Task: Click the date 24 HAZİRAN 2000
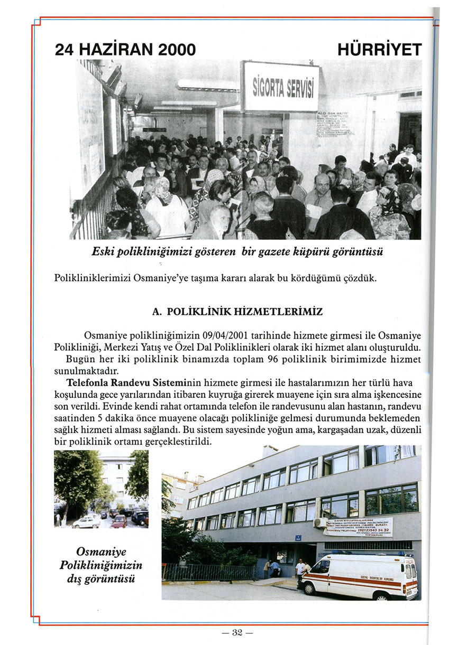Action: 125,50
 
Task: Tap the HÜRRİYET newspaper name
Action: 380,50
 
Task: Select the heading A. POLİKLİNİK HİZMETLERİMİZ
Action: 237,312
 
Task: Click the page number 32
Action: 236,632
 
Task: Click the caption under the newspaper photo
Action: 237,252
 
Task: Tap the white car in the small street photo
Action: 86,521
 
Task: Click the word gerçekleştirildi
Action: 180,441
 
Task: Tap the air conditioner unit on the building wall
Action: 320,523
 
